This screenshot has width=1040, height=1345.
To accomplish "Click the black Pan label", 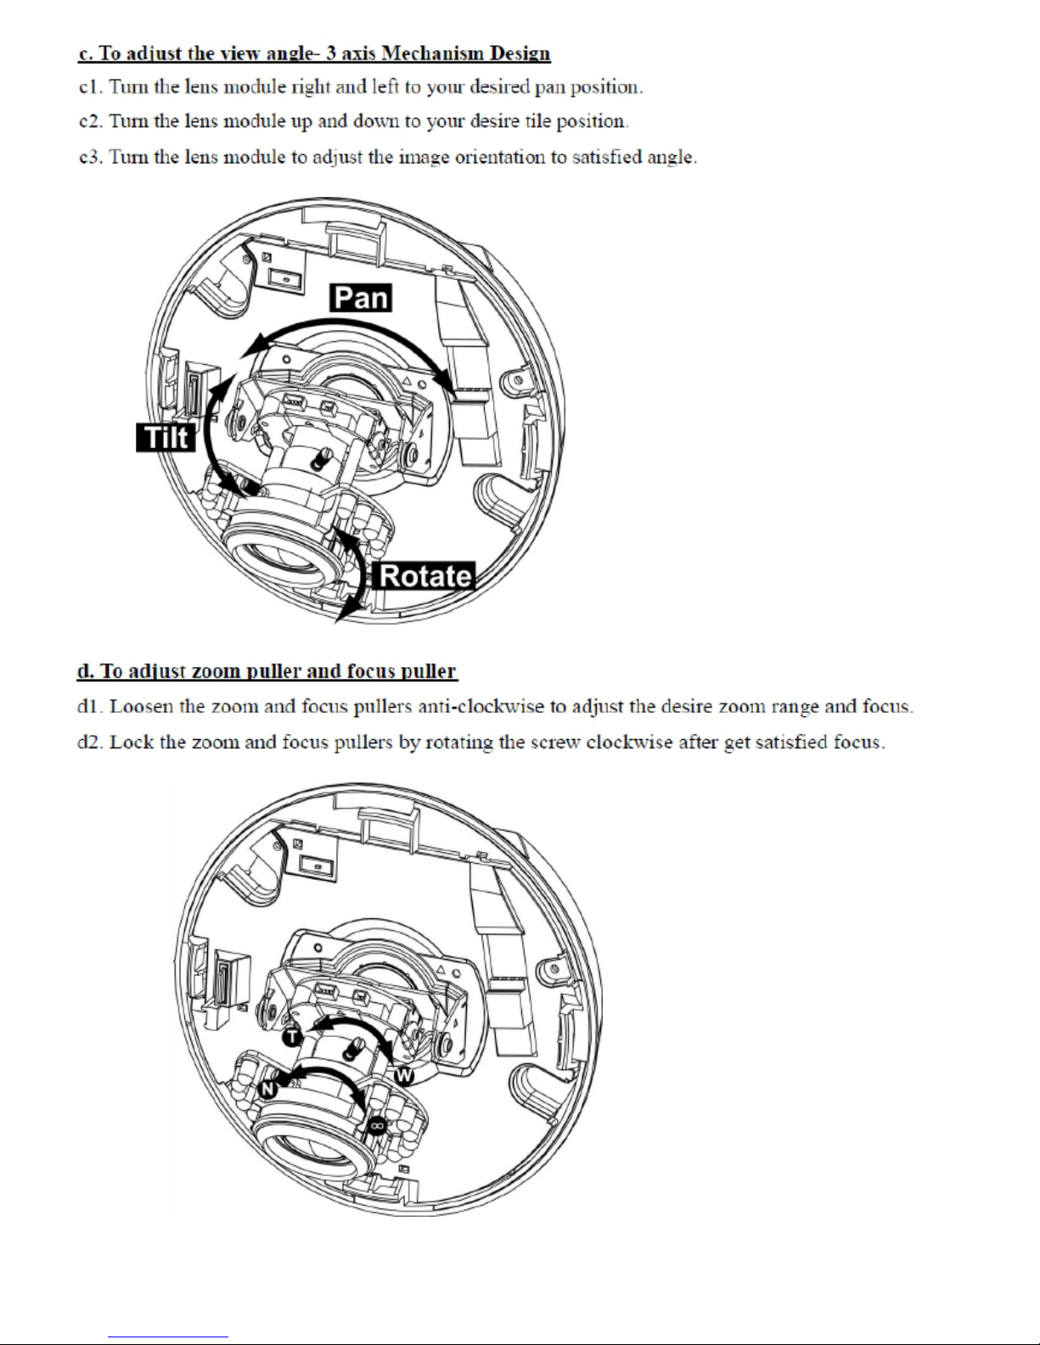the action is click(x=361, y=298).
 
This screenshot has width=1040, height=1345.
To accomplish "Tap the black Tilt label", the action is click(x=166, y=437).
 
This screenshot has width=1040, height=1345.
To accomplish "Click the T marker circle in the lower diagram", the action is click(x=293, y=1037).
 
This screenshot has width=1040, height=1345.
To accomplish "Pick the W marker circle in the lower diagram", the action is click(x=404, y=1076).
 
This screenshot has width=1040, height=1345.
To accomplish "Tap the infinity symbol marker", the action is click(x=377, y=1125).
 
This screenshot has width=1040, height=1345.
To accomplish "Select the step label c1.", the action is click(x=90, y=87).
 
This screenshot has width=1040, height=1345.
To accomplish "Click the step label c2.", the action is click(x=90, y=120).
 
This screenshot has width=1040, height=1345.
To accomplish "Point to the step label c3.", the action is click(x=90, y=157).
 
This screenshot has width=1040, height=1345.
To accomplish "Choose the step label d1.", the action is click(x=90, y=706).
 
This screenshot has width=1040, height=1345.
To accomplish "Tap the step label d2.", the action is click(x=90, y=742).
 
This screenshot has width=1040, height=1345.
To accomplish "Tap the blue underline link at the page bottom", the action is click(x=168, y=1336).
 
